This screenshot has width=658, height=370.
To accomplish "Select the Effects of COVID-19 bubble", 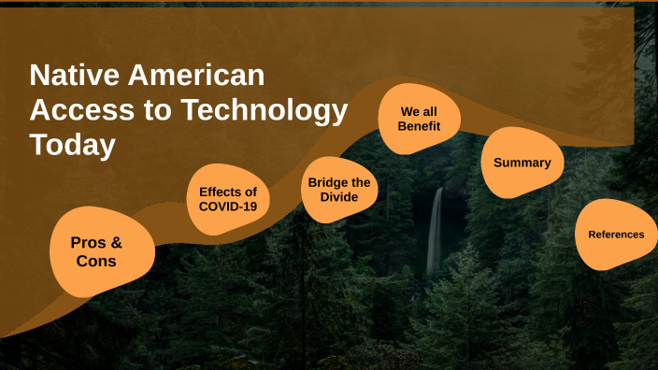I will click(x=228, y=199).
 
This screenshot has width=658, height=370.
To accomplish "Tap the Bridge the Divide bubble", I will click(x=339, y=190).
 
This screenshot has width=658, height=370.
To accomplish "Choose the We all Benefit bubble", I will click(x=419, y=118).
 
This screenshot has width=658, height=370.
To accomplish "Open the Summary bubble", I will click(x=522, y=163).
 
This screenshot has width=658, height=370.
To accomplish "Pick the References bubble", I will click(x=615, y=235).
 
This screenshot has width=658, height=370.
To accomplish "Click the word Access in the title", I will click(x=78, y=110).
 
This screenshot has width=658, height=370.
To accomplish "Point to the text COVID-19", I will click(x=228, y=206).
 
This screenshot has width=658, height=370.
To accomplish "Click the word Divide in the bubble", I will click(x=339, y=197).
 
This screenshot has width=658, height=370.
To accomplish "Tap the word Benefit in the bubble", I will click(x=419, y=125).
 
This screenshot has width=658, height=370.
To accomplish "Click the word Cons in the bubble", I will click(x=96, y=262).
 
